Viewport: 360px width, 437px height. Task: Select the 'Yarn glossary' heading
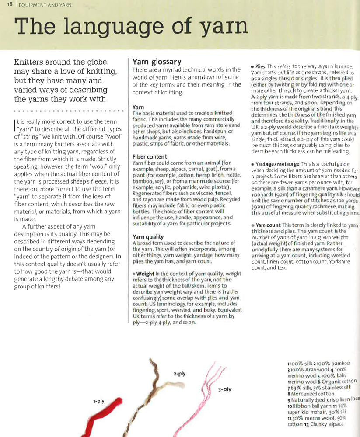pos(157,62)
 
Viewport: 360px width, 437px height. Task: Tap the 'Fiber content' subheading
pos(150,156)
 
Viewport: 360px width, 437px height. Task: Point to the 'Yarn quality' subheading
pos(148,237)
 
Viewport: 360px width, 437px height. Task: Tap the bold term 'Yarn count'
pos(269,225)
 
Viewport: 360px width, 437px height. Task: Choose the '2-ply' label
pos(179,374)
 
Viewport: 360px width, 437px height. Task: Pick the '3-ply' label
pos(225,389)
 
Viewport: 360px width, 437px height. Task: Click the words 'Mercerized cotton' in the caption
pos(316,393)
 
